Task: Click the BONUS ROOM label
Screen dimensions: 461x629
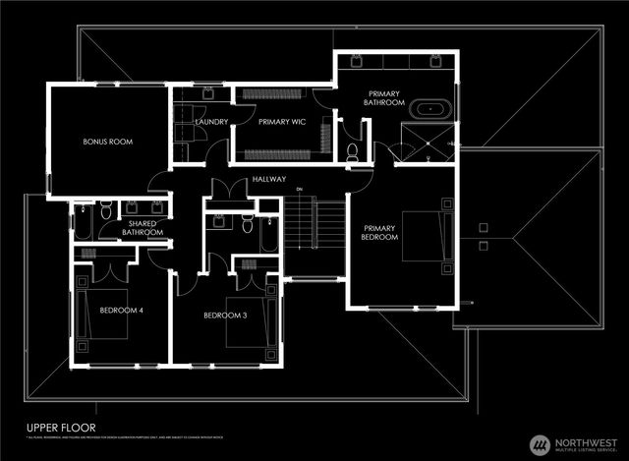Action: pos(107,142)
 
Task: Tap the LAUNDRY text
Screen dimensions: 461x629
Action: pos(211,122)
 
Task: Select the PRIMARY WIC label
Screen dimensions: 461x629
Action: pos(279,122)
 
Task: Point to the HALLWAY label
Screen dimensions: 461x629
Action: pos(268,179)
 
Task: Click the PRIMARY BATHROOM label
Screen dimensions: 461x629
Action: pos(383,96)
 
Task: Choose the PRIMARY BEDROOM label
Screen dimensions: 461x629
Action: pos(380,232)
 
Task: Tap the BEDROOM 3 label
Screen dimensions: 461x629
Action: pos(224,316)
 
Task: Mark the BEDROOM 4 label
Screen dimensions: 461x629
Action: pos(121,311)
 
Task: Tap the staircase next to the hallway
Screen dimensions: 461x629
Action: pos(314,227)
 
